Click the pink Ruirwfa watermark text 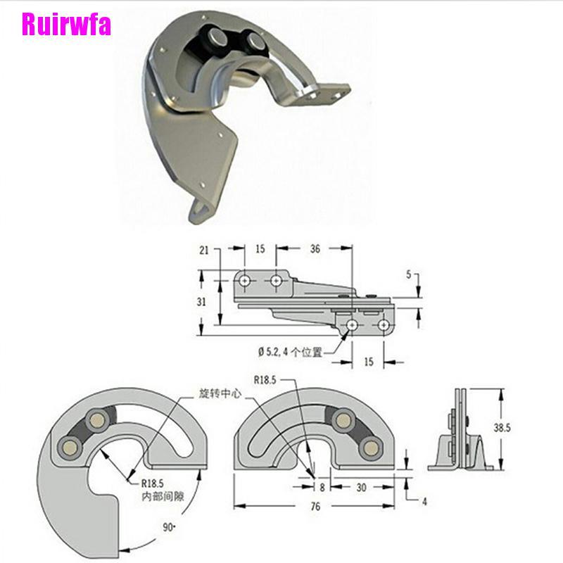66,25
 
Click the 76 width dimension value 315,506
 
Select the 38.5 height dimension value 502,428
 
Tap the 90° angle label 169,527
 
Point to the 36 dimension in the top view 315,249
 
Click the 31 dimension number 201,302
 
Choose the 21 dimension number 204,251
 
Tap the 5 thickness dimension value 409,274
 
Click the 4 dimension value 424,502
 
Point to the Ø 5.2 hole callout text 290,352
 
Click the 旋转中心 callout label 220,393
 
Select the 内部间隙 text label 163,497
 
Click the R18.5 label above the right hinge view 265,380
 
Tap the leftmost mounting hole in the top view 244,280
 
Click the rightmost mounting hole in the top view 384,325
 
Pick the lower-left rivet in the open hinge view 70,447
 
